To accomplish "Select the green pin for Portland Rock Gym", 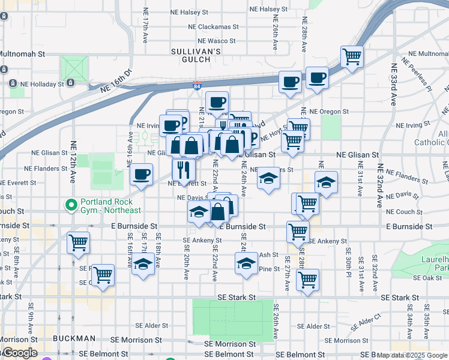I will (71, 204).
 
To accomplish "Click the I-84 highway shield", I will (197, 87).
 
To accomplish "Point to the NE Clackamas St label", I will (213, 26).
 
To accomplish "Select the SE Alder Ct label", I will (366, 322).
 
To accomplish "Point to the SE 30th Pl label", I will (348, 261).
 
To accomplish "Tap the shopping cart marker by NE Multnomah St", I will (352, 57).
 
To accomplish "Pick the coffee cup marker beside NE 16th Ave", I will (141, 175).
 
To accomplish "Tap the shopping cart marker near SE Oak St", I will (307, 279).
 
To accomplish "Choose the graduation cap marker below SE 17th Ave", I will (143, 265).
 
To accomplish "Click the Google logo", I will (19, 353).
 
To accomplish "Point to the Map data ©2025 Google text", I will (412, 355).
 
